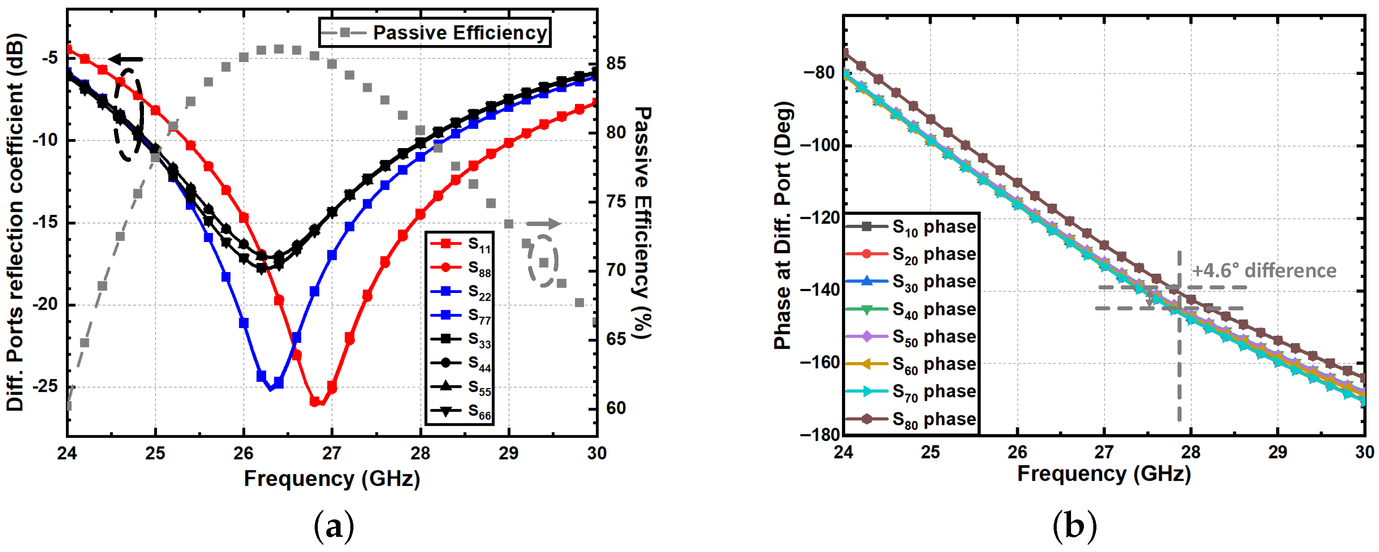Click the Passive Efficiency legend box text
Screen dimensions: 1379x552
click(460, 33)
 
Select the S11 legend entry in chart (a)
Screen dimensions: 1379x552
click(460, 244)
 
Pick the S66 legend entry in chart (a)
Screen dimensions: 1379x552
click(460, 411)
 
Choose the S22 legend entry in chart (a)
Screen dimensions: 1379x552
click(460, 292)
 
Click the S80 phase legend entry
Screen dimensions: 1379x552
click(910, 419)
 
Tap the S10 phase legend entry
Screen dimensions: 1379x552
click(910, 227)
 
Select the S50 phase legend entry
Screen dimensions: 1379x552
click(910, 337)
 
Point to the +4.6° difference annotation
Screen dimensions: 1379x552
click(1264, 270)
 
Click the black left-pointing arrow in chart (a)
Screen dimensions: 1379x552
click(126, 59)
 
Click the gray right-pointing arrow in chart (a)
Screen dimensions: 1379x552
click(544, 224)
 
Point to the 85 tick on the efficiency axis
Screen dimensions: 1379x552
click(616, 63)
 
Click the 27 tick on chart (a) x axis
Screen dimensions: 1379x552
click(332, 453)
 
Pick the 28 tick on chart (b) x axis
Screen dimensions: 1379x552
click(1190, 453)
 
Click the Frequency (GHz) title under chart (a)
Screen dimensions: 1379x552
click(332, 478)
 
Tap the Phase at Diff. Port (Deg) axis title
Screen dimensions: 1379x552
click(783, 225)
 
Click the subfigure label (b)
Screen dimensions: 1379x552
click(1075, 526)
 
